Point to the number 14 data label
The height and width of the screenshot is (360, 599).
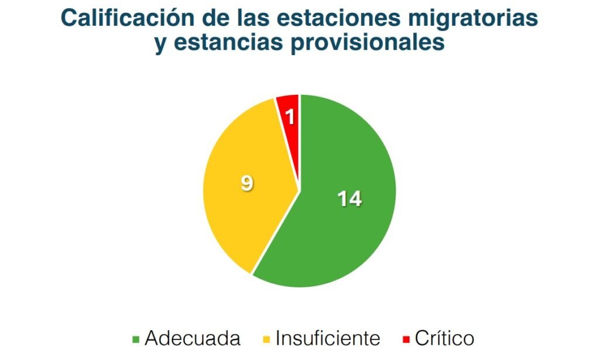pos(349,199)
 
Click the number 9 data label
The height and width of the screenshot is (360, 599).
pos(247,184)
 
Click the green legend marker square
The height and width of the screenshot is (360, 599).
pos(136,339)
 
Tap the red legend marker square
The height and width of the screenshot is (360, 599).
pos(407,339)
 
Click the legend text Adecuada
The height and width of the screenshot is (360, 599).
pos(192,338)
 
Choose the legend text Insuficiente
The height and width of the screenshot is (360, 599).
pos(328,338)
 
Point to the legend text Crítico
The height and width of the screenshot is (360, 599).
pos(444,338)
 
